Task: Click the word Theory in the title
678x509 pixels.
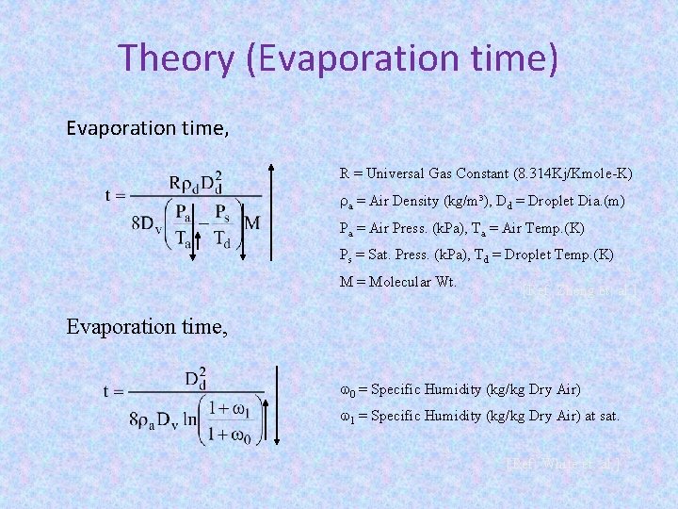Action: point(178,58)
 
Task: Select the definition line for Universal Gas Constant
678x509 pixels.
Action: point(485,173)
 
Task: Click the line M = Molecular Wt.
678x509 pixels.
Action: point(397,281)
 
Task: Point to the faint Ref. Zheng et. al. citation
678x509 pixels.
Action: point(579,292)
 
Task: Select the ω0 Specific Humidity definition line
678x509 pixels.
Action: point(460,389)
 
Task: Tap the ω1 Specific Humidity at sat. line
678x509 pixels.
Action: point(478,416)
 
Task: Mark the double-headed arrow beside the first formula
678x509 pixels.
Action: point(271,211)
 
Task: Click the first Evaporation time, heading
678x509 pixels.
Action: point(147,127)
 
